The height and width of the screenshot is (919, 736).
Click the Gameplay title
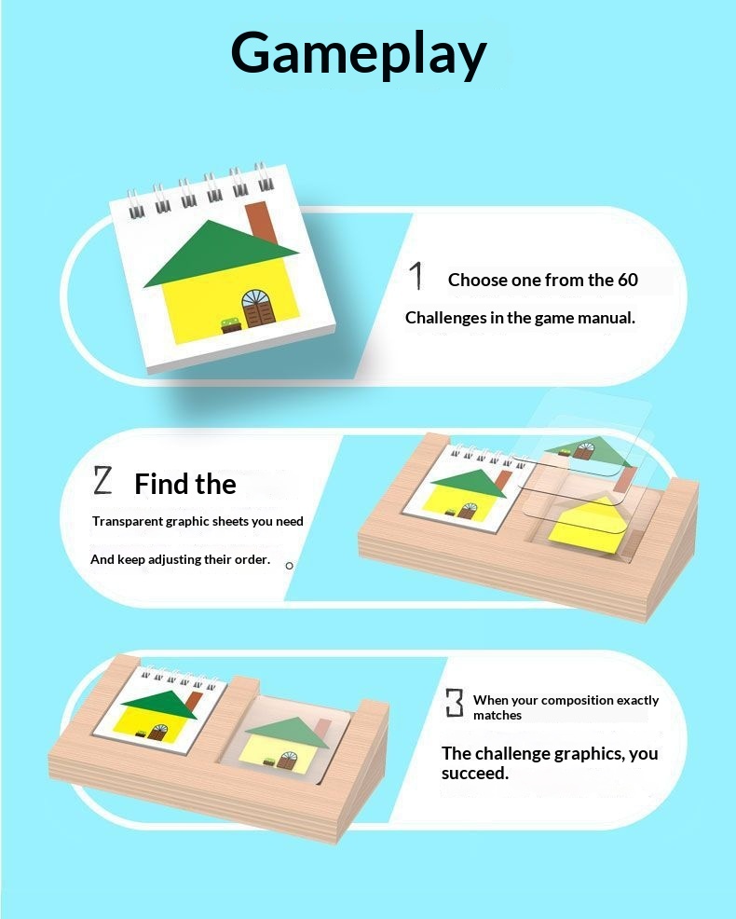(359, 54)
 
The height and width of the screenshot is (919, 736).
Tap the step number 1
(416, 276)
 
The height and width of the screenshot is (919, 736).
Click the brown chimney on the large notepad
(262, 222)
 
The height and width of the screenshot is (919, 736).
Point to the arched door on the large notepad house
(258, 309)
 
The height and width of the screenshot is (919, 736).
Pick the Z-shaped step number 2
(102, 481)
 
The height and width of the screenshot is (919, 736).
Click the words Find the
(185, 484)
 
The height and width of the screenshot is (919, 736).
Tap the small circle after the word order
(289, 566)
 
